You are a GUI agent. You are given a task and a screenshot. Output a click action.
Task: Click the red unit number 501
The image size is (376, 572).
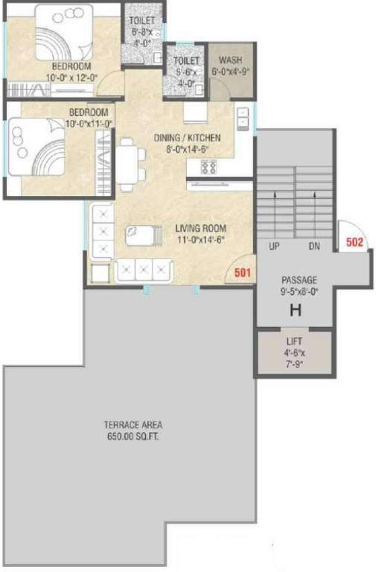[x=242, y=273]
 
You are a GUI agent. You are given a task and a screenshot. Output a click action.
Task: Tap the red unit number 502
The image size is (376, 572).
[x=354, y=241]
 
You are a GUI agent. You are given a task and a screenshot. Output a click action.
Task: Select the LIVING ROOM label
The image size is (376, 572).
[x=200, y=229]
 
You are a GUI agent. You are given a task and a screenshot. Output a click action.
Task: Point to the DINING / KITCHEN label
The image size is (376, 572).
[x=187, y=138]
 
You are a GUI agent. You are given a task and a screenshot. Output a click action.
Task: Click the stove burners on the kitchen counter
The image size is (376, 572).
[x=208, y=168]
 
